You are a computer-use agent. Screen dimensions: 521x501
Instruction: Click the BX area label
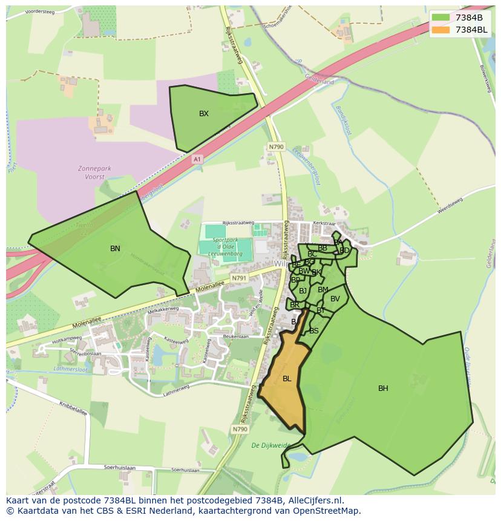coord(204,114)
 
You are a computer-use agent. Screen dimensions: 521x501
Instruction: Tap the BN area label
coord(115,249)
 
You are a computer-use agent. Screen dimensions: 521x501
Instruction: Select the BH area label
coord(383,388)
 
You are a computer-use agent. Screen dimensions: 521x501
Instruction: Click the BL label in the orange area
coord(287,379)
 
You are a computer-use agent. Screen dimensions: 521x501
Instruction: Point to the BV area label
coord(335,299)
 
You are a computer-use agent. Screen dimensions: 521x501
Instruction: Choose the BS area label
coord(314,331)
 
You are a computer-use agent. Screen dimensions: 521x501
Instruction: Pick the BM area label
coord(323,290)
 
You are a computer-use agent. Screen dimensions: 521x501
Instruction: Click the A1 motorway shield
coord(197,159)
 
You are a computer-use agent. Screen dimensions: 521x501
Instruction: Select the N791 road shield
coord(239,278)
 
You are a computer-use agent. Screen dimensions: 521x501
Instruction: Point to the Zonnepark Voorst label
coord(91,173)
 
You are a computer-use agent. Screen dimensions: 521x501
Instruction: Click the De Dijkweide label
coord(270,445)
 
